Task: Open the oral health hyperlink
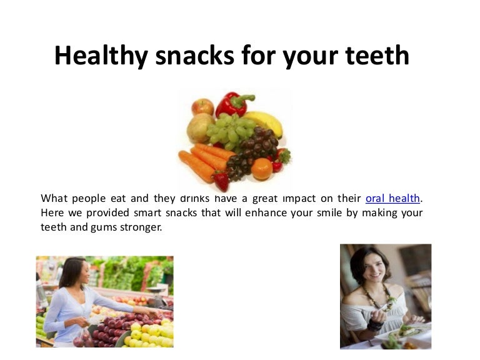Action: (x=392, y=199)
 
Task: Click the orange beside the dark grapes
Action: (x=262, y=168)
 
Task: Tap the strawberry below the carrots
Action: (x=220, y=181)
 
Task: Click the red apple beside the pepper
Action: (x=202, y=107)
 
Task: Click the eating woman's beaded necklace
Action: (x=381, y=306)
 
